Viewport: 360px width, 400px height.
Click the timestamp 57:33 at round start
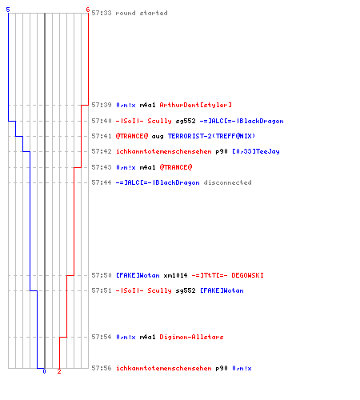(x=102, y=13)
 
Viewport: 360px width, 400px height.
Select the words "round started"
(x=142, y=13)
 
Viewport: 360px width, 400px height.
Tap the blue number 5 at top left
(x=8, y=10)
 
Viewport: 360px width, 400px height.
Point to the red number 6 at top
(x=88, y=10)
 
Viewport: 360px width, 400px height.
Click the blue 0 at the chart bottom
(x=44, y=371)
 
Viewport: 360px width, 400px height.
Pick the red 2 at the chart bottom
(x=59, y=371)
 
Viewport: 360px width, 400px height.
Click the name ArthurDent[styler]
(x=195, y=105)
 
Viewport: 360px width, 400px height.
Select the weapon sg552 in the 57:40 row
(x=186, y=121)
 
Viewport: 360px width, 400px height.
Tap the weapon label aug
(x=158, y=137)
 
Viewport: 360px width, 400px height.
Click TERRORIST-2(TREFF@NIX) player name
(x=211, y=136)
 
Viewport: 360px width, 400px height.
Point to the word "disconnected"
(x=227, y=182)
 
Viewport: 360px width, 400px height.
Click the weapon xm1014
(x=175, y=275)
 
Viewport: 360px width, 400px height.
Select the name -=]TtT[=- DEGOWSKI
(x=227, y=275)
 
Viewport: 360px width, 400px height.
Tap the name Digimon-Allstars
(x=191, y=337)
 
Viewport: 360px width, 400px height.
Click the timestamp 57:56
(x=102, y=368)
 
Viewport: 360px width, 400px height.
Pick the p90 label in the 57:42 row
(x=222, y=152)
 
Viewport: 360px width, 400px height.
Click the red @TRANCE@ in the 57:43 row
(x=176, y=167)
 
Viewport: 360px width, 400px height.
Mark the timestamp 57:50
(x=102, y=275)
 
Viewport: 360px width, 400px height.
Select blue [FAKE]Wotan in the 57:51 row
(x=222, y=290)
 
